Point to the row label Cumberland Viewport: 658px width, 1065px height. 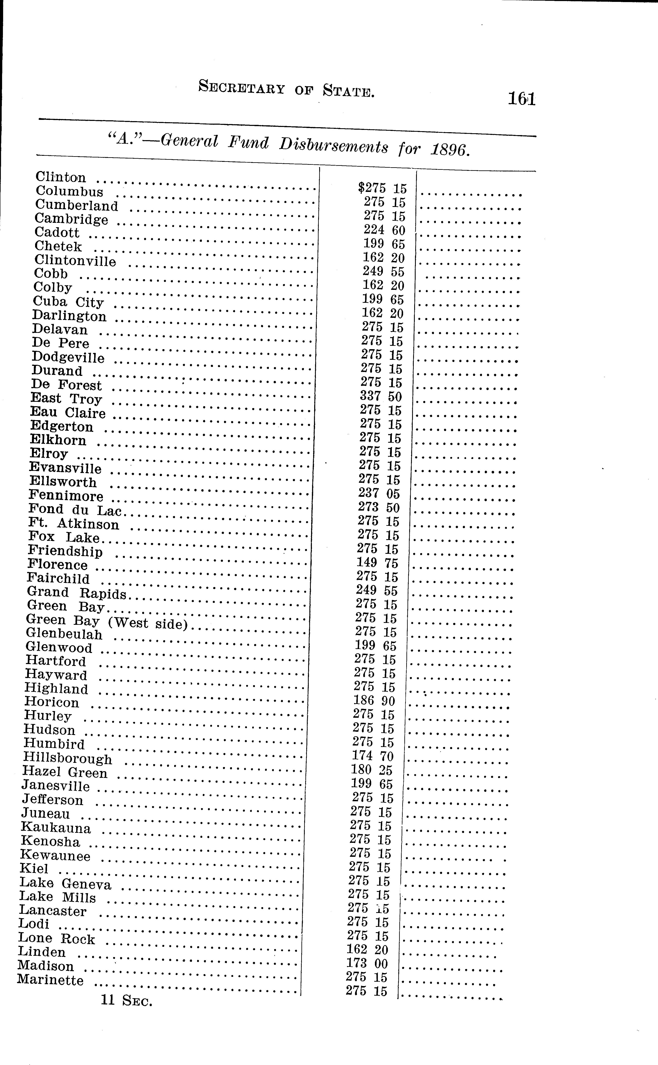[77, 205]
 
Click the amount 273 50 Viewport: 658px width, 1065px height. [379, 507]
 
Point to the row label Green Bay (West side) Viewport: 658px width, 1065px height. [107, 621]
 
